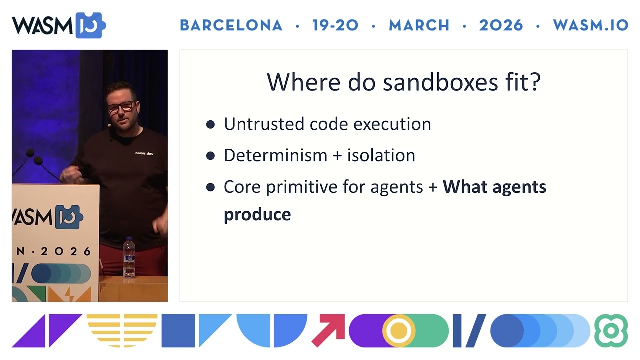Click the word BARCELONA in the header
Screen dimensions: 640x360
(x=231, y=25)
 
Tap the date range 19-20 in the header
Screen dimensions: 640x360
(x=335, y=25)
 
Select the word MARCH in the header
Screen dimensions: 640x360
(x=419, y=25)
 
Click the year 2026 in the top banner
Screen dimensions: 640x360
(x=501, y=25)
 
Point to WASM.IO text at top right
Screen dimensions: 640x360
(x=591, y=25)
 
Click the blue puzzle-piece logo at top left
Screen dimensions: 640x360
(x=90, y=25)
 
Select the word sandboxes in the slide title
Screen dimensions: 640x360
(x=440, y=82)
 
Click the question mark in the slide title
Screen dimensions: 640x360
(x=535, y=82)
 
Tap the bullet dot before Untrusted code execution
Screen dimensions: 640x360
(x=210, y=124)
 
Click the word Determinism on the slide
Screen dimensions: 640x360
(x=275, y=155)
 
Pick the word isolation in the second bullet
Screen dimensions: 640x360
(x=381, y=155)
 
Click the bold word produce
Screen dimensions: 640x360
(x=257, y=215)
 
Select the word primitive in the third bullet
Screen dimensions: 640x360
(x=302, y=187)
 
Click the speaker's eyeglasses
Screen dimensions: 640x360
(x=121, y=107)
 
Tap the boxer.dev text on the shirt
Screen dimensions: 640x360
(x=144, y=153)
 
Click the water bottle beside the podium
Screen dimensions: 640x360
(x=129, y=257)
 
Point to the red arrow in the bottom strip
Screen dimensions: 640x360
(x=328, y=331)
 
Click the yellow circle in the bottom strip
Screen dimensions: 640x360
(x=399, y=331)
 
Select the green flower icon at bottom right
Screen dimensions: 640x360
(x=611, y=331)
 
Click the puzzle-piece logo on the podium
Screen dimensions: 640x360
(x=69, y=217)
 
